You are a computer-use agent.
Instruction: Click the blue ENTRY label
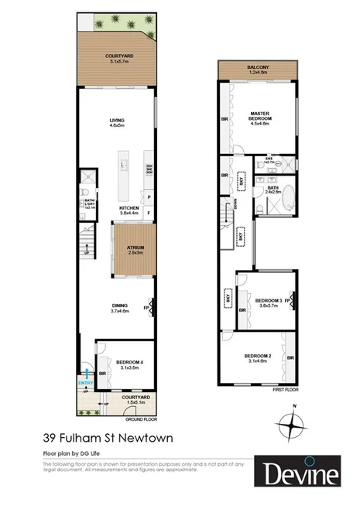(85, 381)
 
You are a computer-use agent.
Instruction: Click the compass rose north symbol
(292, 425)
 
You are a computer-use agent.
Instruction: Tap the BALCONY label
(258, 68)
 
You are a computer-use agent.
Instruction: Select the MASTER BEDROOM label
(259, 117)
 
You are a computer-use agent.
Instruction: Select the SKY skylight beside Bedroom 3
(228, 295)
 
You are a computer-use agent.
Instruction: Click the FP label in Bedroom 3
(287, 299)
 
